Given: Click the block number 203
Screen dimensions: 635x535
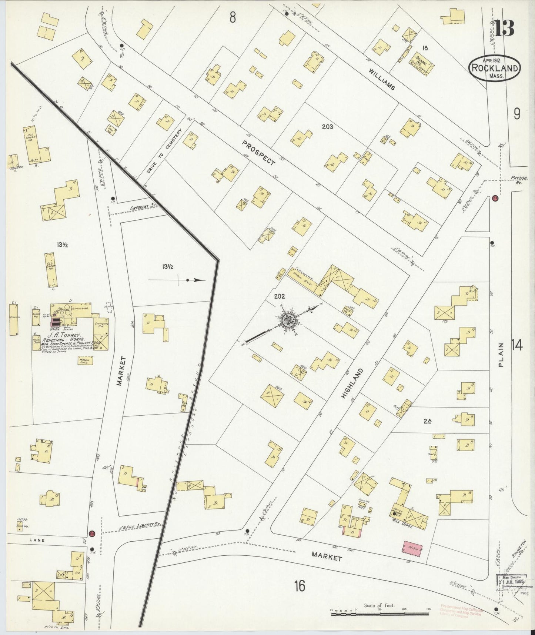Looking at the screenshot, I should coord(327,127).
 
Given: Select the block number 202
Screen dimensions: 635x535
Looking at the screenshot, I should coord(280,296).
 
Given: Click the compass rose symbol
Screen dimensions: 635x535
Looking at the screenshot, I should coord(288,321).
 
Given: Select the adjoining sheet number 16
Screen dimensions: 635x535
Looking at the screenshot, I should coord(300,586).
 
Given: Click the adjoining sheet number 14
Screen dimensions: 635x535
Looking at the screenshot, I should coord(517,346).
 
